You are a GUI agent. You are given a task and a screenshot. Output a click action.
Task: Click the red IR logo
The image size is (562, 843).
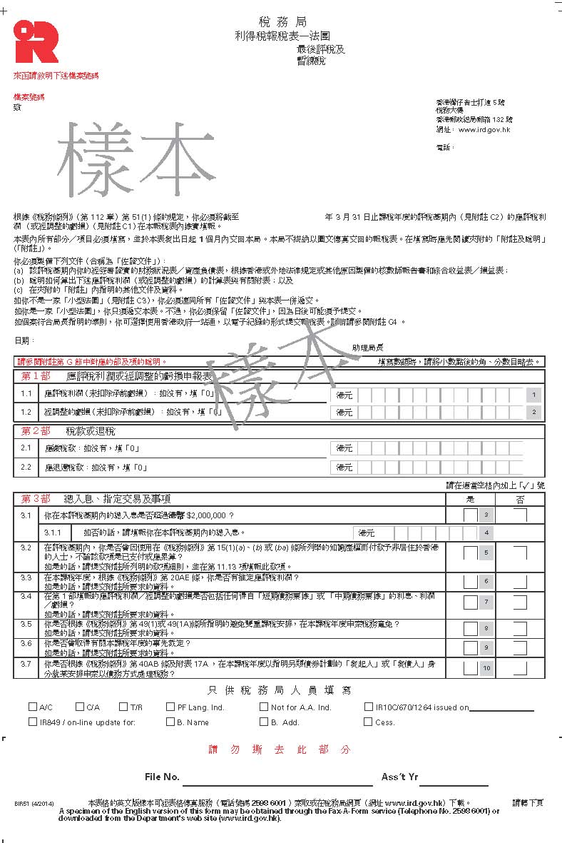[36, 41]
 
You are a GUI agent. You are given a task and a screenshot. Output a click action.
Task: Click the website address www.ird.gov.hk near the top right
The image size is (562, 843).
[484, 129]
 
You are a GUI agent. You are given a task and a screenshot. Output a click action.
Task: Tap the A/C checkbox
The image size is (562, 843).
[33, 707]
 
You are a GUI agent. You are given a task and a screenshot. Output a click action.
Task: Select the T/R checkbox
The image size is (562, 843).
[123, 707]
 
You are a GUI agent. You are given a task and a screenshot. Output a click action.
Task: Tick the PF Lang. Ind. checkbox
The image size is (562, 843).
[170, 707]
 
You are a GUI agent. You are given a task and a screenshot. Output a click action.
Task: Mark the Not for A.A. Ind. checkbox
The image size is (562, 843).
[264, 707]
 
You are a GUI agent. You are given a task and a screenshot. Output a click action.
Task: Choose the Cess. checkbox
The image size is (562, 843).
[368, 722]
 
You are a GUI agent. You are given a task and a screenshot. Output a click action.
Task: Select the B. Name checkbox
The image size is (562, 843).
[170, 722]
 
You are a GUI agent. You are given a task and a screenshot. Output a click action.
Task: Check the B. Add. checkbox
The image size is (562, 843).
[264, 722]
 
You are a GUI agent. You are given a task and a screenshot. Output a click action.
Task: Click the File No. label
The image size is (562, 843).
[162, 777]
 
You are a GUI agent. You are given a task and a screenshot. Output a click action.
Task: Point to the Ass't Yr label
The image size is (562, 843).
[399, 777]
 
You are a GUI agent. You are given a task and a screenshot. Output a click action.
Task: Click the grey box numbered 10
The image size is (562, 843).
[486, 668]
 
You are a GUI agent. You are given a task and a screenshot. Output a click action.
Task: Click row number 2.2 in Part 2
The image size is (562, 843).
[26, 468]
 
